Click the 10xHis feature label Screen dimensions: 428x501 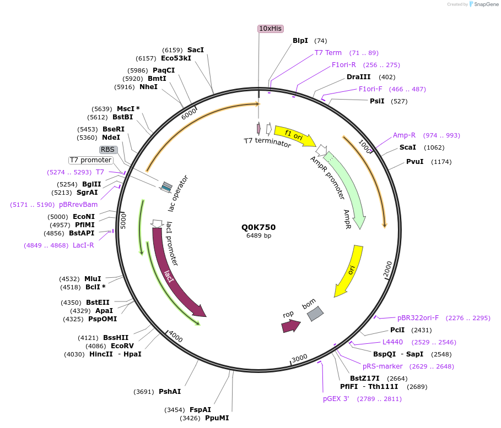270,28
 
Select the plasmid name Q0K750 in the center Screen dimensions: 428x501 258,227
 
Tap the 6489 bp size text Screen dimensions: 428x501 258,235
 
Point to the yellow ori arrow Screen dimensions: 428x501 350,270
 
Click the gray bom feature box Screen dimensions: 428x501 315,313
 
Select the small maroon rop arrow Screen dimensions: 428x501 290,326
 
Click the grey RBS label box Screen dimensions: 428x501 108,150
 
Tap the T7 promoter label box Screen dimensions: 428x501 90,160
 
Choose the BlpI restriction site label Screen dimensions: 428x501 300,41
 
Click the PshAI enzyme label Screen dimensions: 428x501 170,392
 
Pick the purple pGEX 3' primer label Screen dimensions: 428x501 336,399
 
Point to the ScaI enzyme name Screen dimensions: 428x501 408,147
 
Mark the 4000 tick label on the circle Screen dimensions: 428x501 176,336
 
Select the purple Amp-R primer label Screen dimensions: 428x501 404,135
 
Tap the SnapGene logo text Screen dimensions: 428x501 485,4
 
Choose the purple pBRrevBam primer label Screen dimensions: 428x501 78,205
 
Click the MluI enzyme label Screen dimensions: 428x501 92,279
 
